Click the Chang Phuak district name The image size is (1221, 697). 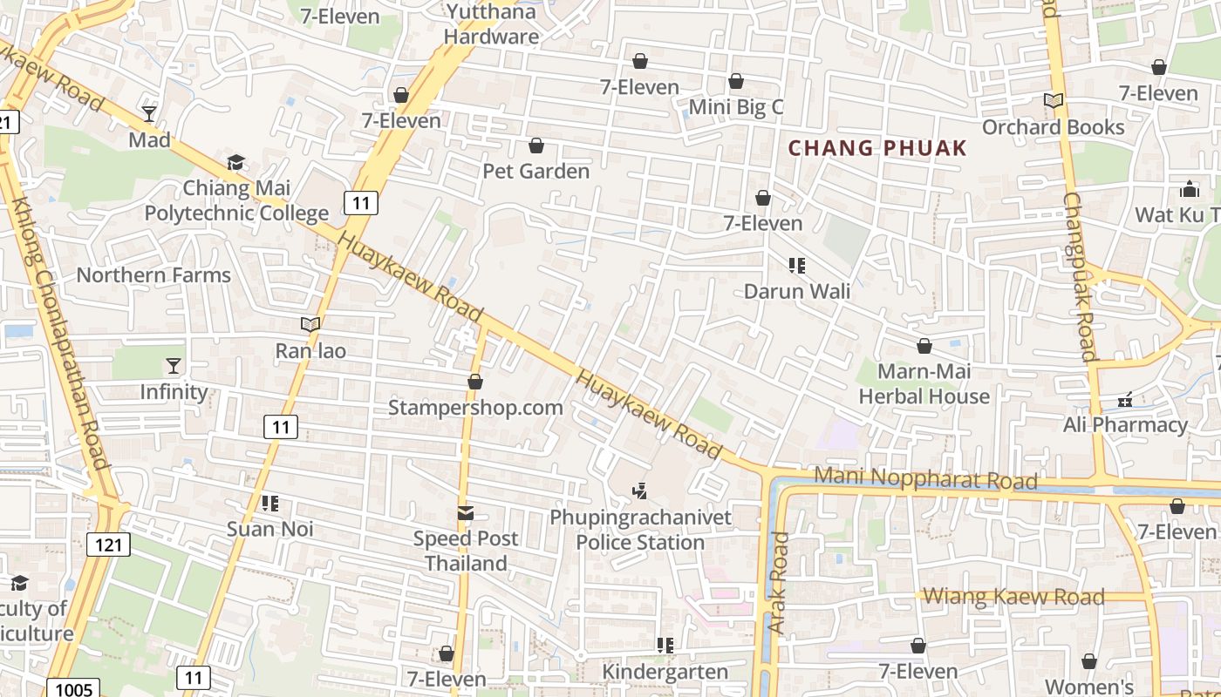[x=877, y=148]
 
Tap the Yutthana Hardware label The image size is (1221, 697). [x=491, y=24]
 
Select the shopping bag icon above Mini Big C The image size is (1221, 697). [x=736, y=82]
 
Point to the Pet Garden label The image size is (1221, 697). [x=536, y=171]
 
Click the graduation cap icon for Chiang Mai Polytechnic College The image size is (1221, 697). [x=235, y=163]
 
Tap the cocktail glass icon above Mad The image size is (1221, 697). [x=149, y=114]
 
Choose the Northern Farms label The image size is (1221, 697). [x=153, y=275]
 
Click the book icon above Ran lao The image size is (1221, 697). [x=310, y=325]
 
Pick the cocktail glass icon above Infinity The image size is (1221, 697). [x=174, y=366]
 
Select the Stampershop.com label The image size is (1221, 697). [x=475, y=408]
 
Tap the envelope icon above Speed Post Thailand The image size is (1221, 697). [x=466, y=514]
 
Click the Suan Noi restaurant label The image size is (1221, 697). [x=269, y=529]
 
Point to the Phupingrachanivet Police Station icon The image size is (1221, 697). [x=640, y=492]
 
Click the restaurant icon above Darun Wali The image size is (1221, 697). [x=796, y=265]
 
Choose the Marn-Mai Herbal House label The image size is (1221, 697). [x=924, y=384]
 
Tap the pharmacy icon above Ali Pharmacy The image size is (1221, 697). [x=1125, y=400]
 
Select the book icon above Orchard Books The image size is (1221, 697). [x=1054, y=101]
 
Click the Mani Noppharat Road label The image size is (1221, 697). [x=925, y=478]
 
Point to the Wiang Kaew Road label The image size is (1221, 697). [x=1013, y=597]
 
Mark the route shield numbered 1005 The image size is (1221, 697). [x=73, y=689]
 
